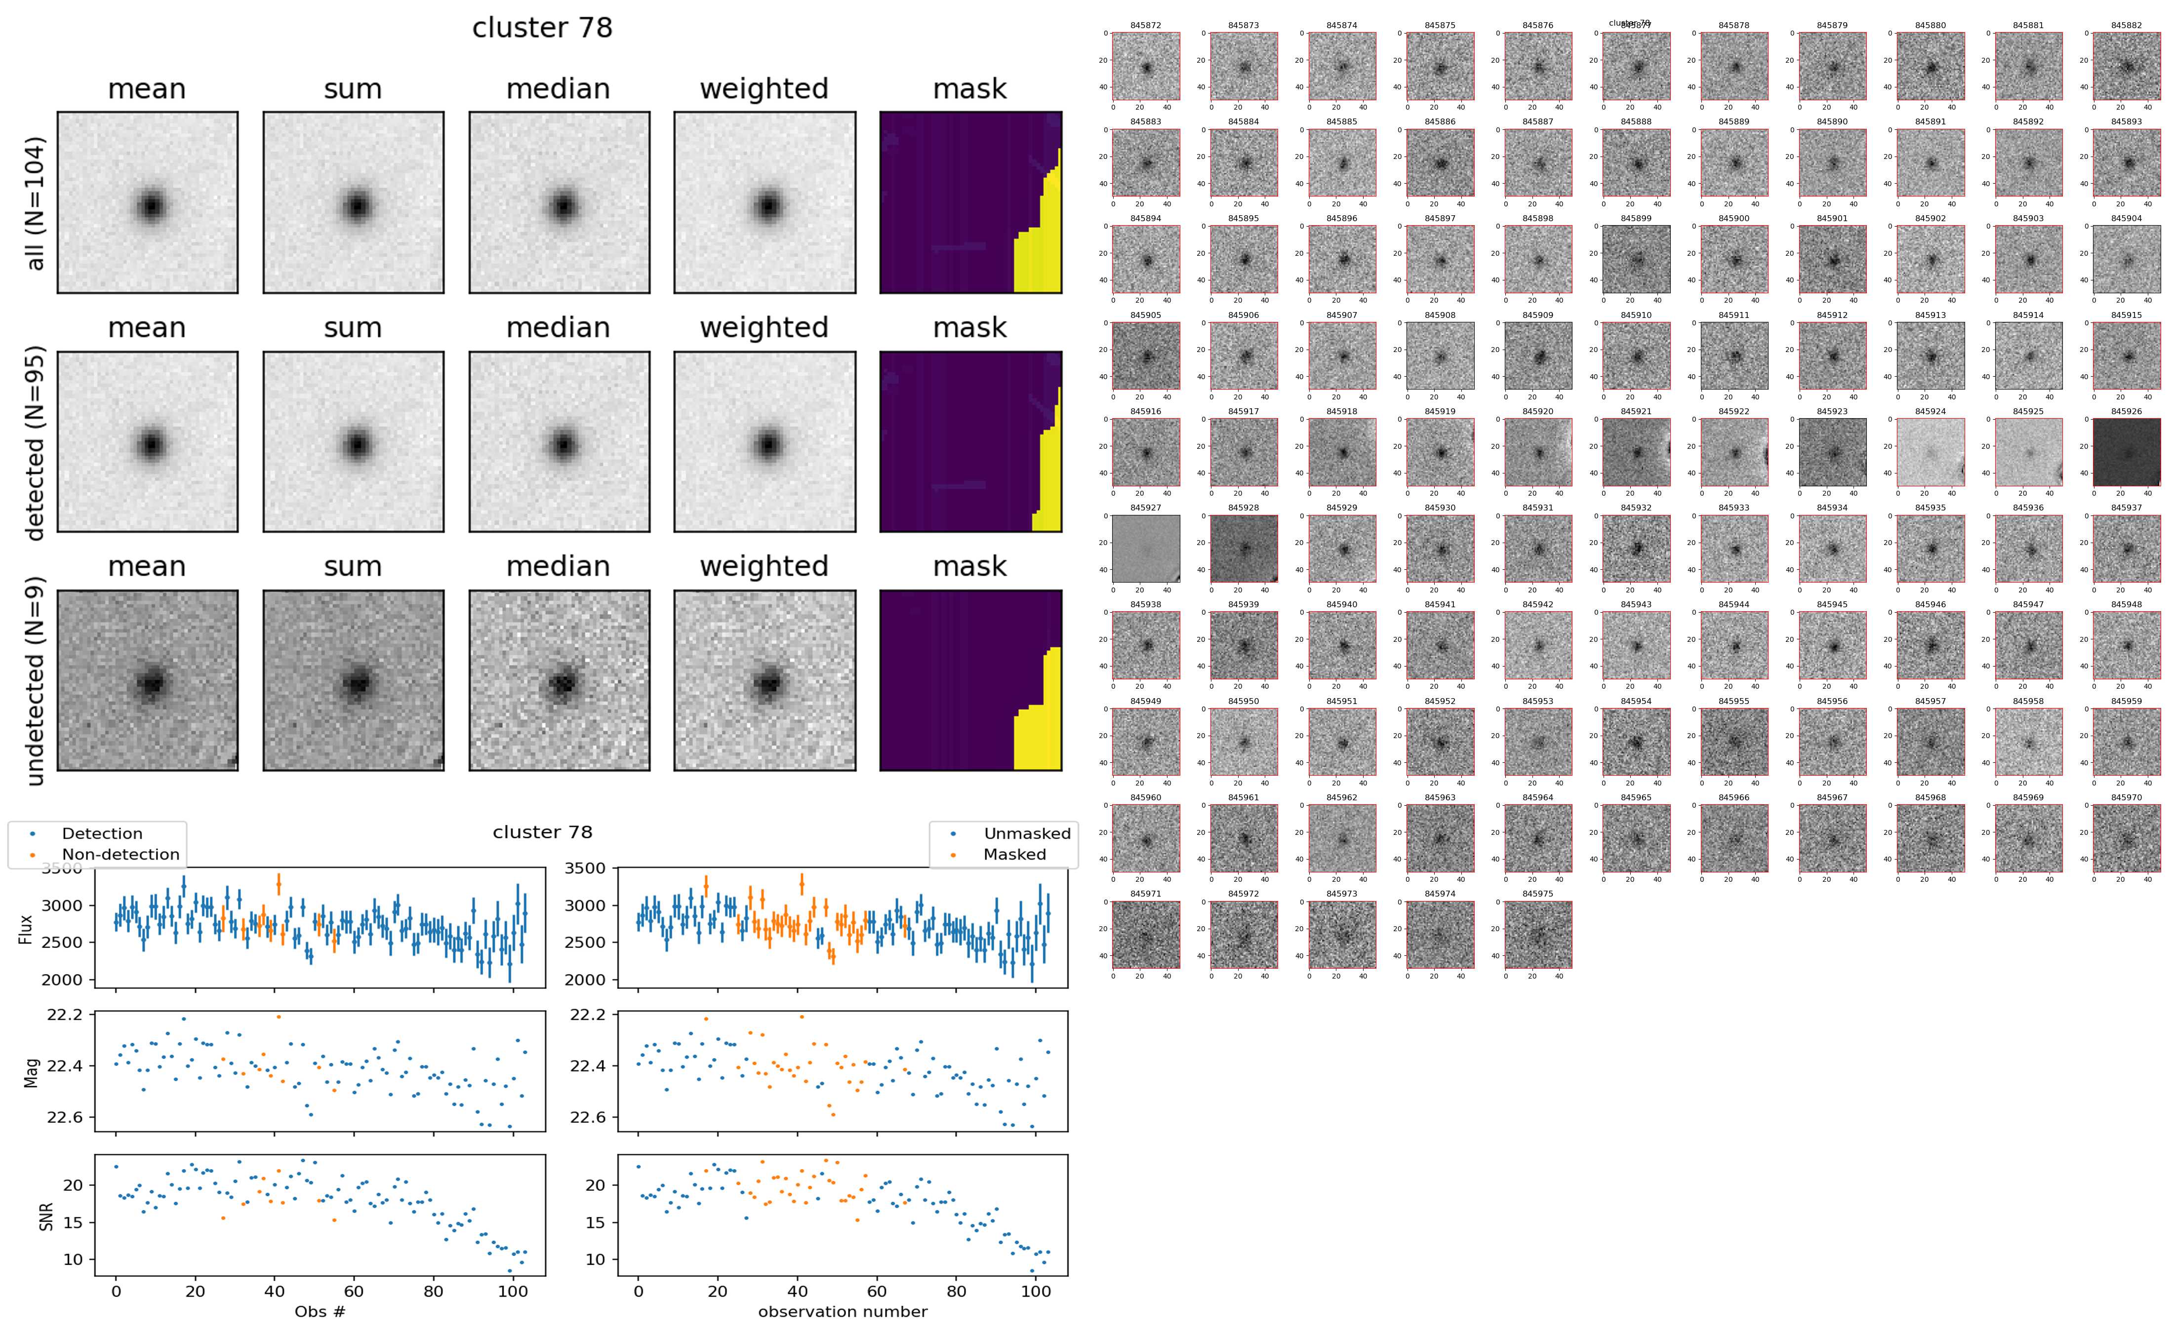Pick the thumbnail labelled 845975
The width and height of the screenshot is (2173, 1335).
click(x=1537, y=934)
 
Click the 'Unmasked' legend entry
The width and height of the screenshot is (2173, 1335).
click(x=1026, y=833)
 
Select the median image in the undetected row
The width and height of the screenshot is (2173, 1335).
click(x=559, y=680)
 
